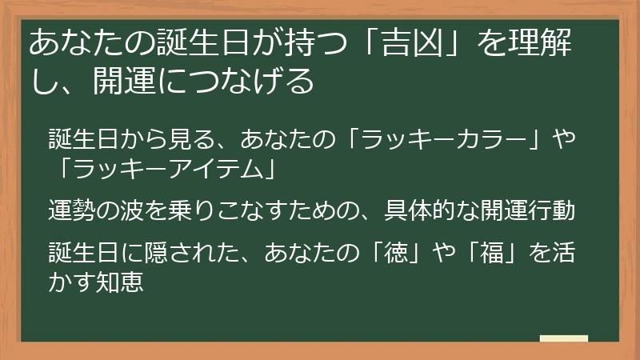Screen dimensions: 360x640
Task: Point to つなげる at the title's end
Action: pos(251,82)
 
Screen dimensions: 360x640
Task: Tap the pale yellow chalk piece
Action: pos(563,338)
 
